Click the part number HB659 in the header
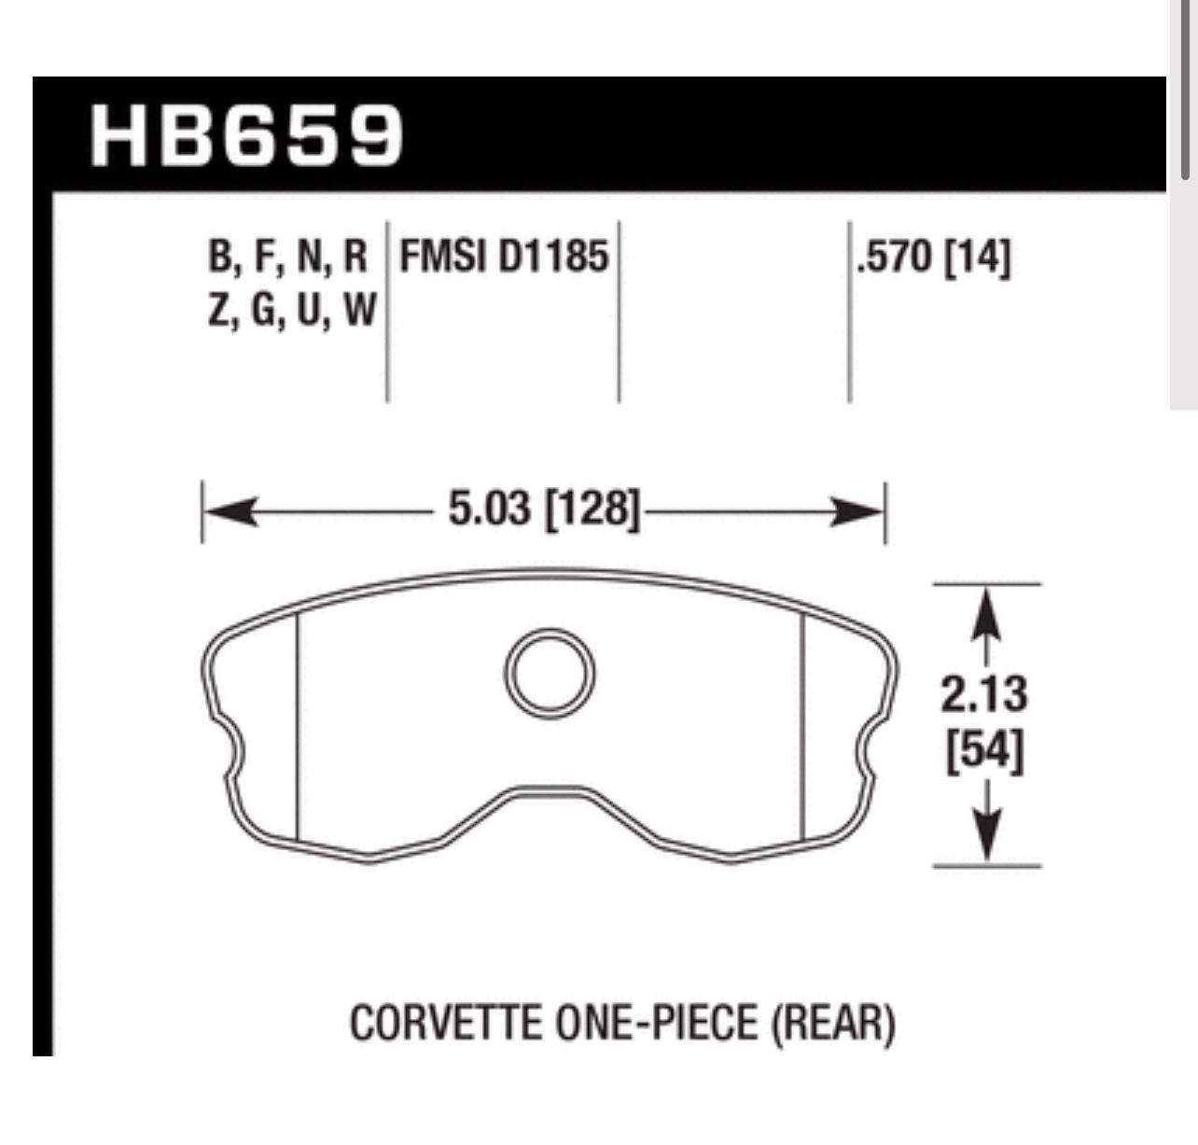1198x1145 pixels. click(247, 135)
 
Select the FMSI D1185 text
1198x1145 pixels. click(504, 257)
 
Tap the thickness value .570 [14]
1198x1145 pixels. click(933, 257)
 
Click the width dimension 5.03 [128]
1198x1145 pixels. click(544, 510)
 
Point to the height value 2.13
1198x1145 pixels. click(984, 694)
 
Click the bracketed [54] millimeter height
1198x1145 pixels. click(984, 752)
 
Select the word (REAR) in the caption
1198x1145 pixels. click(833, 1024)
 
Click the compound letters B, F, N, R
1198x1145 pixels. click(288, 257)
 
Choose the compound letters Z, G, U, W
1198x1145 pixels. click(290, 310)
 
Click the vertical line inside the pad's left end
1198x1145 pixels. click(296, 728)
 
